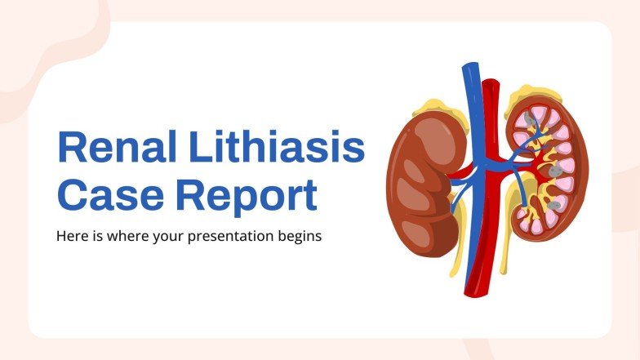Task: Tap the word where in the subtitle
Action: click(x=124, y=238)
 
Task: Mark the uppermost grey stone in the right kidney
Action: click(x=531, y=121)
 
